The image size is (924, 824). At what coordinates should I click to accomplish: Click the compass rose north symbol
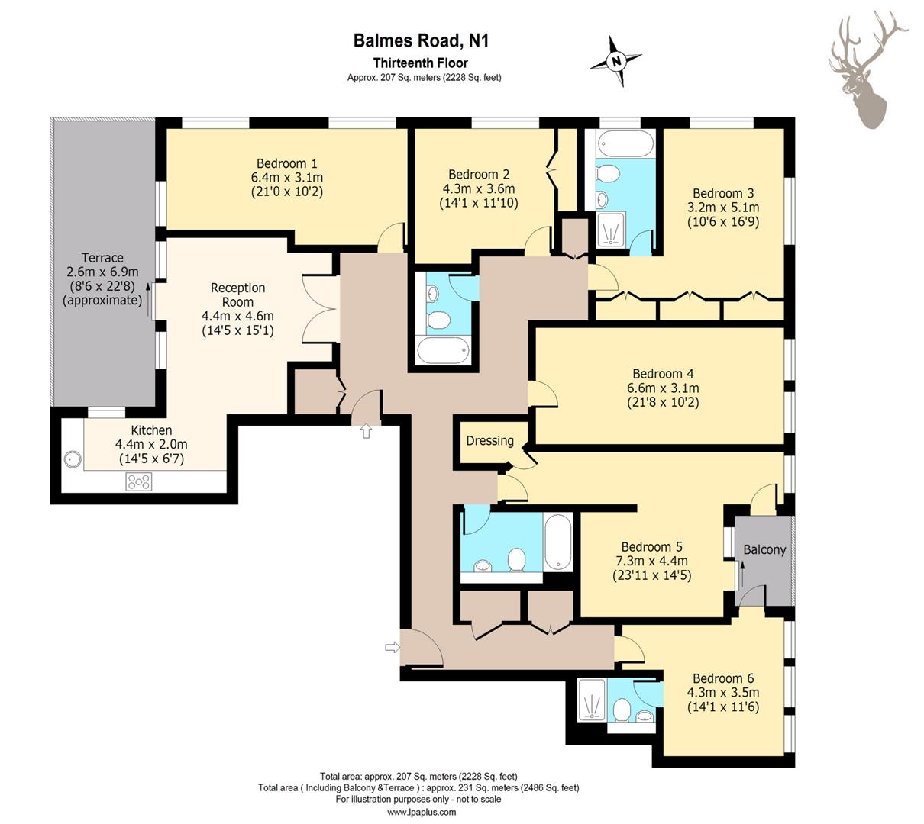615,61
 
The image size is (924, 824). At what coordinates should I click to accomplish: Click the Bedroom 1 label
286,163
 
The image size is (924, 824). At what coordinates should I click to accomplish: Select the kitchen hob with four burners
139,481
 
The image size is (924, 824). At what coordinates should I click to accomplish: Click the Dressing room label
489,441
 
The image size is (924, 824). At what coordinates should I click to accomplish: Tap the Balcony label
764,549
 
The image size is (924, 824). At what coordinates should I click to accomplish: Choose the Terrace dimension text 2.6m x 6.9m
102,272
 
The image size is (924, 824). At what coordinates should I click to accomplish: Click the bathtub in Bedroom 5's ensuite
558,542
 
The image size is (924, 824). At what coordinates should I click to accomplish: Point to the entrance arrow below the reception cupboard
366,430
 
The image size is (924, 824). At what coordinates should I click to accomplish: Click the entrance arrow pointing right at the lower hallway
393,647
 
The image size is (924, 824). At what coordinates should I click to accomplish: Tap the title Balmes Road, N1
421,40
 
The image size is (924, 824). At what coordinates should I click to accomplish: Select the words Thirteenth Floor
421,63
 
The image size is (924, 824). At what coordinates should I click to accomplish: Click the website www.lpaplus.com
422,812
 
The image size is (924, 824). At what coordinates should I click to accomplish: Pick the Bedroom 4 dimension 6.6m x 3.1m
663,388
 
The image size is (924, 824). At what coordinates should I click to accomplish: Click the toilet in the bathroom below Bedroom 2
439,320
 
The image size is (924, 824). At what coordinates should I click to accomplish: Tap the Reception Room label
237,295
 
